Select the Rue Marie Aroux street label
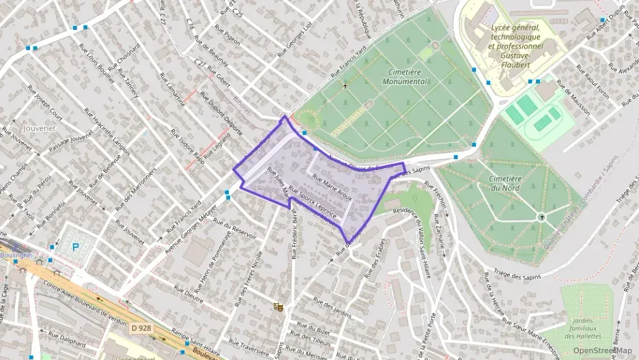click(332, 186)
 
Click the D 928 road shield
click(140, 329)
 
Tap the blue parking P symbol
click(75, 247)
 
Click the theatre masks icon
click(277, 307)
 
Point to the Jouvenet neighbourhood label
click(38, 128)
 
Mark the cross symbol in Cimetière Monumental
click(345, 86)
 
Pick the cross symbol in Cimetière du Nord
click(542, 217)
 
